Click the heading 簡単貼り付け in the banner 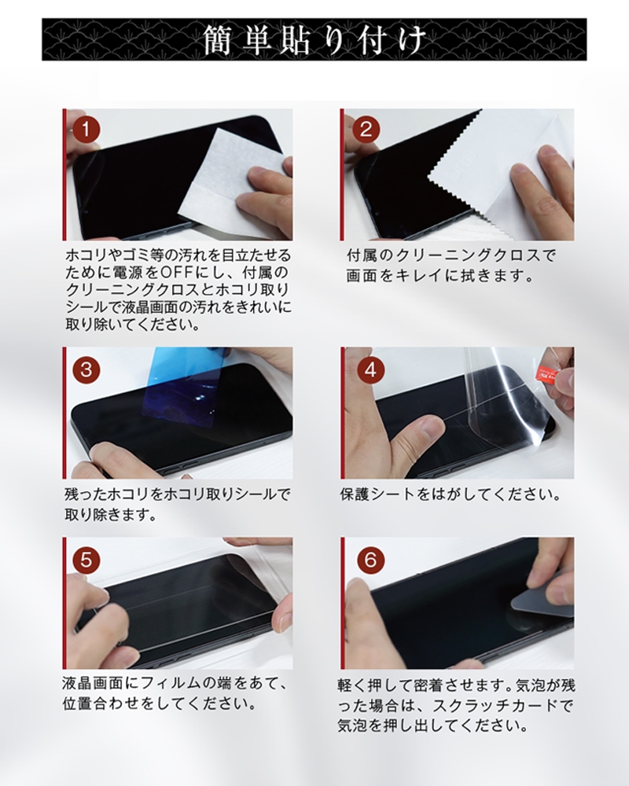pyautogui.click(x=314, y=39)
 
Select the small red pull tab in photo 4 pyautogui.click(x=546, y=373)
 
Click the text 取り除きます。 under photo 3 pyautogui.click(x=109, y=516)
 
